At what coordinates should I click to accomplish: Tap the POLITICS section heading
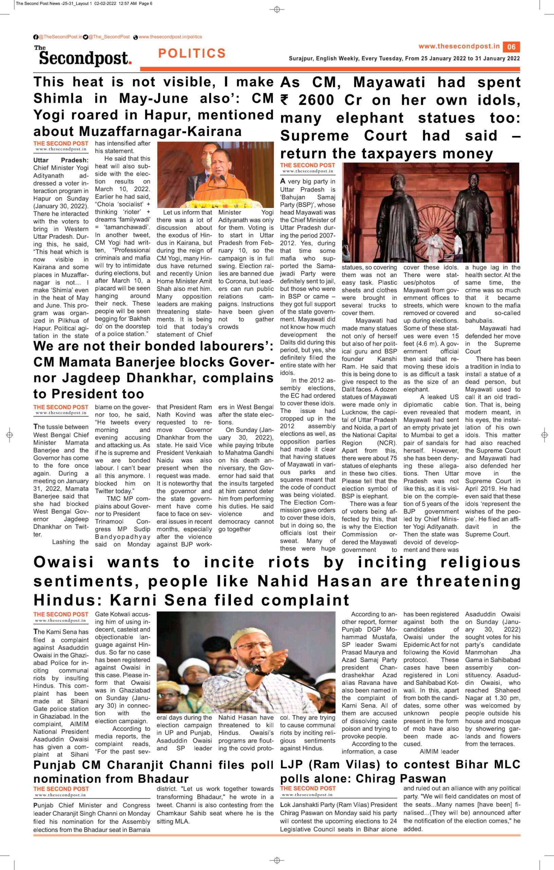pos(192,53)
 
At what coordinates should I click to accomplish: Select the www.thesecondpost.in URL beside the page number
pos(459,46)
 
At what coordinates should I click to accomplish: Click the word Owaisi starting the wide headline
pos(64,562)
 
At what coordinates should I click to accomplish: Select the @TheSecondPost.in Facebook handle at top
pos(60,37)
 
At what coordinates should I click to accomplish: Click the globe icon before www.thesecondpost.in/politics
pos(136,37)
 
